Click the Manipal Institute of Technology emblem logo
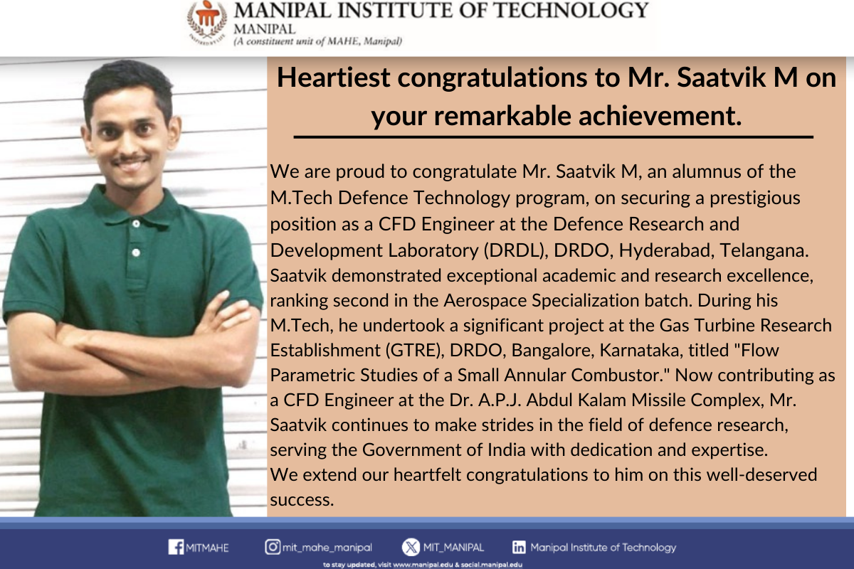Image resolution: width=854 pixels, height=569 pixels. pyautogui.click(x=207, y=22)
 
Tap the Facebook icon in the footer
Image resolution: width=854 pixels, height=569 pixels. pyautogui.click(x=176, y=547)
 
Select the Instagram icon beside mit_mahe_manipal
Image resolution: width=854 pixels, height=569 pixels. pyautogui.click(x=273, y=547)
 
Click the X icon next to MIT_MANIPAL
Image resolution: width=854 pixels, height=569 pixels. pyautogui.click(x=411, y=547)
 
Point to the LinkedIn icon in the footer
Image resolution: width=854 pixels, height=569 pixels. pyautogui.click(x=519, y=547)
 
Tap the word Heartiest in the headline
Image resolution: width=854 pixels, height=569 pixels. pyautogui.click(x=334, y=78)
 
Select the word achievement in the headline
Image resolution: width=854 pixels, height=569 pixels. pyautogui.click(x=660, y=116)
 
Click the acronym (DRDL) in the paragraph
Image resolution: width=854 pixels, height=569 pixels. pyautogui.click(x=517, y=250)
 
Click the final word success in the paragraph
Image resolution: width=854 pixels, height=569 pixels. pyautogui.click(x=302, y=500)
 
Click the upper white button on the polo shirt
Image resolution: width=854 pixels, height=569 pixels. pyautogui.click(x=136, y=224)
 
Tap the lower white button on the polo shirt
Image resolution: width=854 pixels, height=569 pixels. pyautogui.click(x=136, y=252)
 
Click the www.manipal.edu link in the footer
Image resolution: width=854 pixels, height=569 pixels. pyautogui.click(x=423, y=565)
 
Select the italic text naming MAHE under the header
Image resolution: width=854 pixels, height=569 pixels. pyautogui.click(x=318, y=41)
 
